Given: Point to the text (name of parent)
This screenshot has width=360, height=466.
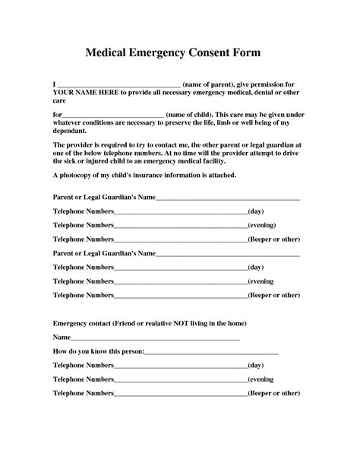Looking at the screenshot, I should click(x=214, y=82).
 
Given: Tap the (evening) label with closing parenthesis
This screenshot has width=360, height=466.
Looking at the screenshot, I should click(x=262, y=225).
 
